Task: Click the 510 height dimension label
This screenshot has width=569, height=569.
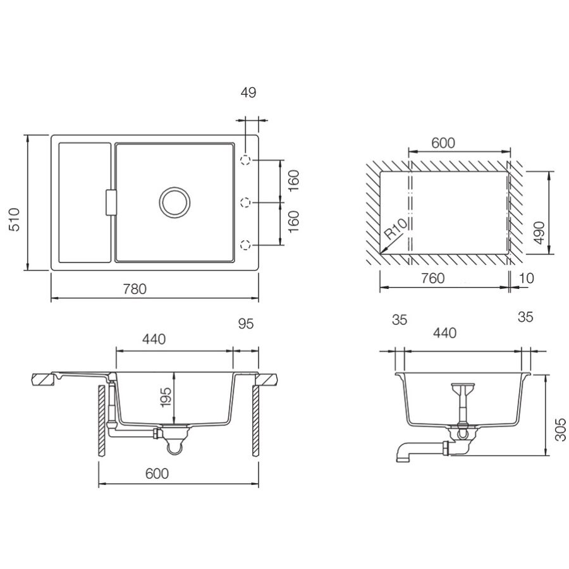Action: click(x=14, y=219)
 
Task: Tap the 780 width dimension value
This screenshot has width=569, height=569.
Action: click(x=135, y=289)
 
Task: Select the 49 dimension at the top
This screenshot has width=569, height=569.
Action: click(x=248, y=92)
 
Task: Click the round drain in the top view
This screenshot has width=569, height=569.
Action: click(x=175, y=202)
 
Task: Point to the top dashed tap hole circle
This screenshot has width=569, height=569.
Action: click(x=246, y=160)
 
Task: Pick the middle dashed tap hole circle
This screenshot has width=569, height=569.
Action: click(x=246, y=202)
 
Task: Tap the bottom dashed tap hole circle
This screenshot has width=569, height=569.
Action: click(x=246, y=245)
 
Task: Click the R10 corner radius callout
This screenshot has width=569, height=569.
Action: click(x=396, y=229)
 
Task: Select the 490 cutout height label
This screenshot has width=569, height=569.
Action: click(x=540, y=233)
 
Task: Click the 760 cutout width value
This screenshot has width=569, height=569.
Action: click(x=433, y=278)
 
